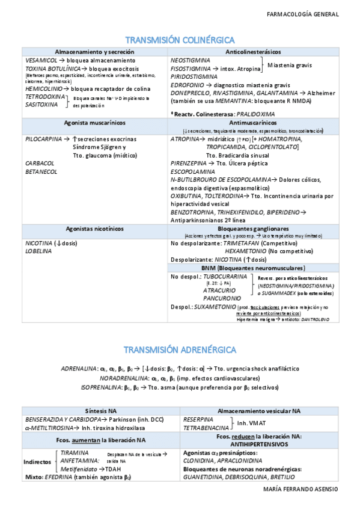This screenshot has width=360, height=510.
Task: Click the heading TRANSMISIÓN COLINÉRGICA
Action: coord(180,40)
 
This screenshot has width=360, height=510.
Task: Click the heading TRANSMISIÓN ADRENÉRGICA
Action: coord(180,349)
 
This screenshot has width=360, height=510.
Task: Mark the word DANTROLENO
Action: coord(316,320)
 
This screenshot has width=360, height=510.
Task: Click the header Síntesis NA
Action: coord(100,410)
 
